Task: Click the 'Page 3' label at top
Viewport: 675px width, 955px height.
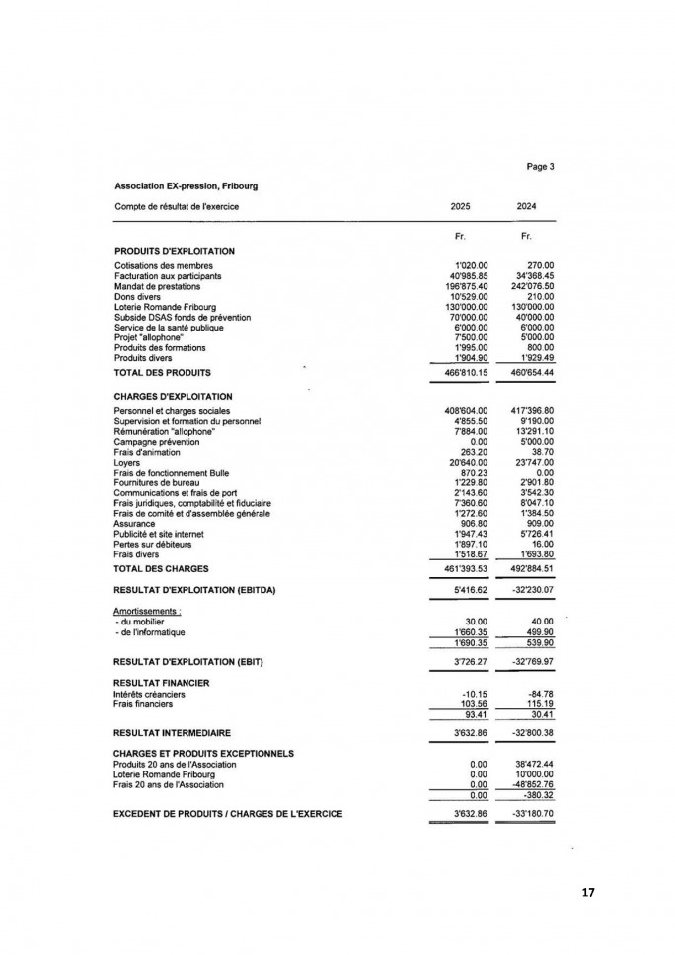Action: pyautogui.click(x=539, y=167)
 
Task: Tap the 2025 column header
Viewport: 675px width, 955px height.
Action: pyautogui.click(x=460, y=206)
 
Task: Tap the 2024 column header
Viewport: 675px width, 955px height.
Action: pyautogui.click(x=526, y=206)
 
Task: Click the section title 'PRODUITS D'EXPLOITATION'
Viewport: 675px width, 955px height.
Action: pyautogui.click(x=174, y=251)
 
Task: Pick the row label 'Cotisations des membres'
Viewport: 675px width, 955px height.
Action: pyautogui.click(x=162, y=265)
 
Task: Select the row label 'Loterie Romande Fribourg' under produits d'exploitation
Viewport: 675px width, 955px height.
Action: pyautogui.click(x=165, y=307)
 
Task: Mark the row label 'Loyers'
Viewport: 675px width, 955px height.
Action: pyautogui.click(x=127, y=462)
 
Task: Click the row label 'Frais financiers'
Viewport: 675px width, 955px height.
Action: pyautogui.click(x=143, y=704)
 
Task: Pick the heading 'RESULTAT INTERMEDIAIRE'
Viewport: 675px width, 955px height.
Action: pyautogui.click(x=172, y=733)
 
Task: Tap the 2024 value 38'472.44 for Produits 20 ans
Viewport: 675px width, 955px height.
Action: pyautogui.click(x=534, y=765)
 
